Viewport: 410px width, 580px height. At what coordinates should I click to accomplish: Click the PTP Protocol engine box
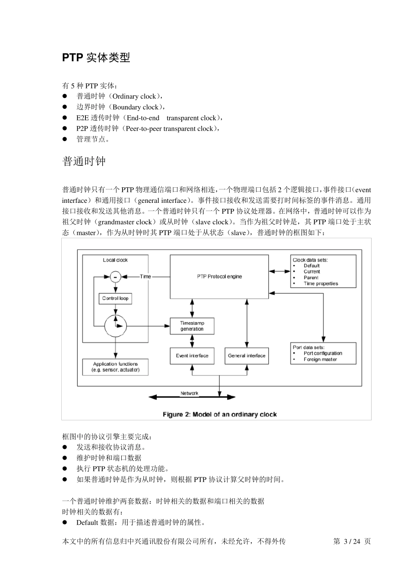(219, 277)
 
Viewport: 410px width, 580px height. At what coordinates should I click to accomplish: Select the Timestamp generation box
(192, 326)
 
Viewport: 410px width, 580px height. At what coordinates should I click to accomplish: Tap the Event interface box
(192, 356)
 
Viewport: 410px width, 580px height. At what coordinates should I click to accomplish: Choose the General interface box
(246, 356)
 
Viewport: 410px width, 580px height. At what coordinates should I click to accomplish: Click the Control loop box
(115, 298)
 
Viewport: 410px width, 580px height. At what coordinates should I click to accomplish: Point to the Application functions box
(115, 367)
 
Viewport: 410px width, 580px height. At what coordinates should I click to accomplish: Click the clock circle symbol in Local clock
(115, 326)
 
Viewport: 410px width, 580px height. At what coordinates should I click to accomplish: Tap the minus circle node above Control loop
(115, 276)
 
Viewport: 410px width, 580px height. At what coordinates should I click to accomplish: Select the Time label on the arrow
(145, 276)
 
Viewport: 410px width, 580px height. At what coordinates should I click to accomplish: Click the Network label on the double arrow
(189, 393)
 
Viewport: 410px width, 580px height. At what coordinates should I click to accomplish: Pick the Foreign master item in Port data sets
(320, 359)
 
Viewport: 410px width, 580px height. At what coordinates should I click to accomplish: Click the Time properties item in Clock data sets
(321, 284)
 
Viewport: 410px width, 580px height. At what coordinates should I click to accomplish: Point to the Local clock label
(115, 260)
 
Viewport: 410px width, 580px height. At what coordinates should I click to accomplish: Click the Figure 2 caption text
(219, 414)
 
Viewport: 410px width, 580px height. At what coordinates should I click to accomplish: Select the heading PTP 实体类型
(96, 57)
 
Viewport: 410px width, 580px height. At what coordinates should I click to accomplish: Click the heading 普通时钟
(84, 161)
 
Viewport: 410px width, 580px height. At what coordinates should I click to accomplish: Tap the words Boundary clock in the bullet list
(135, 107)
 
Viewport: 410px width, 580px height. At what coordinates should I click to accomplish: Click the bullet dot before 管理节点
(66, 139)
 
